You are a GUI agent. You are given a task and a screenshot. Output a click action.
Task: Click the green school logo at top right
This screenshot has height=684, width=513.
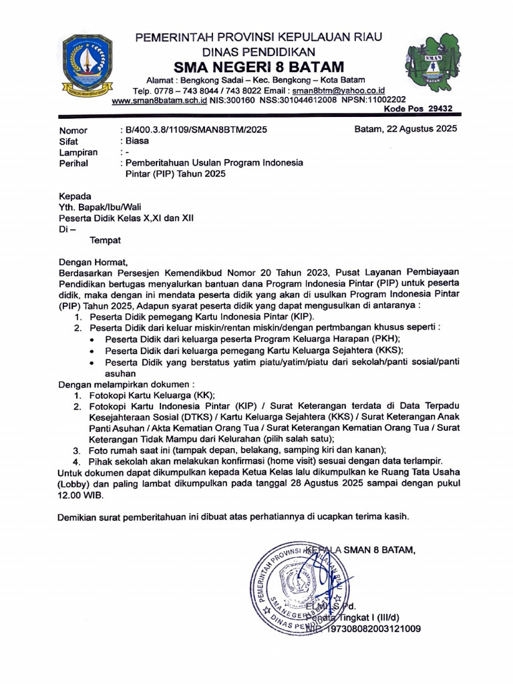432,63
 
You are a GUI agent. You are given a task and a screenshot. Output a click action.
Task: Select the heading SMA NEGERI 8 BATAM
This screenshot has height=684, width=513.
259,67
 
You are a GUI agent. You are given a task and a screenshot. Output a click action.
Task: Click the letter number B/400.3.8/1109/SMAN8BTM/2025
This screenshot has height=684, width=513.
194,130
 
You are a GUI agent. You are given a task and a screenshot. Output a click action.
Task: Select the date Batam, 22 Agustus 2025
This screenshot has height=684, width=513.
405,130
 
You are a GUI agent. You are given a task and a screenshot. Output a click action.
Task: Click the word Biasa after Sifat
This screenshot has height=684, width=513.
136,141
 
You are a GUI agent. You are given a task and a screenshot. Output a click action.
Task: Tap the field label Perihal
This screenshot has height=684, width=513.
73,163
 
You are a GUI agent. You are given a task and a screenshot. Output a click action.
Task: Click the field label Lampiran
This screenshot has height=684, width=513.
78,152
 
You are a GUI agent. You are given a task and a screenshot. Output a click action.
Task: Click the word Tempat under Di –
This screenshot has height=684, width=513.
106,239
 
